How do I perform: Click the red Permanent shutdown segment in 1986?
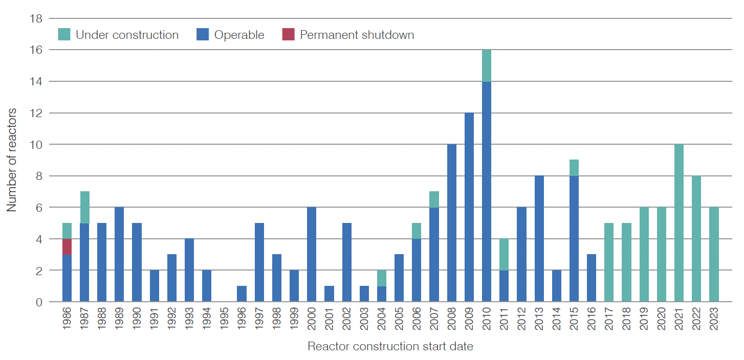tap(67, 246)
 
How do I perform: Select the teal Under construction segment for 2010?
tap(487, 66)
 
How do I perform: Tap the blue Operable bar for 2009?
tap(469, 207)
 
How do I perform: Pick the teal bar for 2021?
tap(679, 223)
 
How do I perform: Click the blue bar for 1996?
tap(242, 294)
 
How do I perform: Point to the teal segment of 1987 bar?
tap(84, 208)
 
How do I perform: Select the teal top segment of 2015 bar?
tap(574, 168)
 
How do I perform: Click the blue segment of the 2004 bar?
tap(382, 294)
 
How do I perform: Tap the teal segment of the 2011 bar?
tap(504, 255)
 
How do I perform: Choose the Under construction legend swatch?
tap(64, 35)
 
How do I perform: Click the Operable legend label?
tap(239, 35)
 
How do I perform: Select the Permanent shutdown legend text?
tap(357, 35)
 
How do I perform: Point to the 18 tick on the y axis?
tap(36, 19)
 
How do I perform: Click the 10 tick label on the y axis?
tap(36, 145)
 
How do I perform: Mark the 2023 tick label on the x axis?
tap(714, 321)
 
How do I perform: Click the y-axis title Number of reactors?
tap(12, 160)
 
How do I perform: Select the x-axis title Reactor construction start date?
tap(390, 347)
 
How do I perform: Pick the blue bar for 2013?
tap(539, 239)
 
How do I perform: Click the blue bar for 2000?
tap(312, 255)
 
